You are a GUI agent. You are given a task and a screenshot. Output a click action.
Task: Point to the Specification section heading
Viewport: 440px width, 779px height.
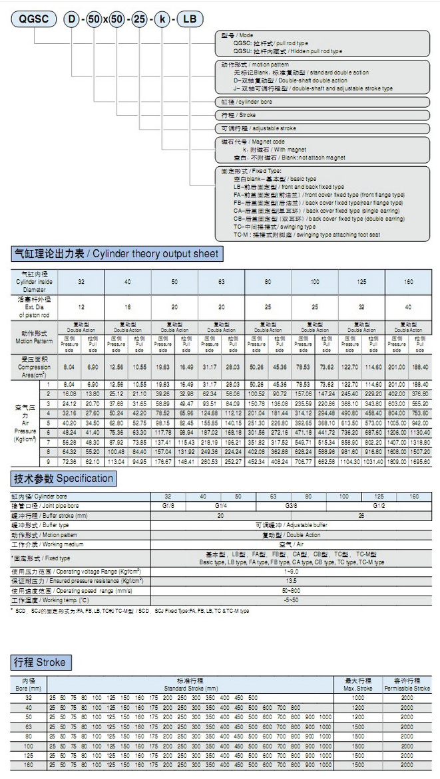tap(63, 478)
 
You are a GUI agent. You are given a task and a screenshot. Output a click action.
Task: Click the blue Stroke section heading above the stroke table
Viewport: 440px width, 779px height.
tap(41, 663)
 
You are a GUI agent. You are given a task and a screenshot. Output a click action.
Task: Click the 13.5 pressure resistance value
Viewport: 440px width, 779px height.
tap(291, 581)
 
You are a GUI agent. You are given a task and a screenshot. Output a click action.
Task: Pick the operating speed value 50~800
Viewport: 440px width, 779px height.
tap(291, 590)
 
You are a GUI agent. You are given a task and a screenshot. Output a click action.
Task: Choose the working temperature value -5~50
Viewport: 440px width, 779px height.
tap(291, 600)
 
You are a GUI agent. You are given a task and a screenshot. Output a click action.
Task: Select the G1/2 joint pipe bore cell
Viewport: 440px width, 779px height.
tap(378, 506)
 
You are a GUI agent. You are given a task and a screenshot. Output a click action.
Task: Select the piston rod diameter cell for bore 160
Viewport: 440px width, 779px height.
tap(407, 307)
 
